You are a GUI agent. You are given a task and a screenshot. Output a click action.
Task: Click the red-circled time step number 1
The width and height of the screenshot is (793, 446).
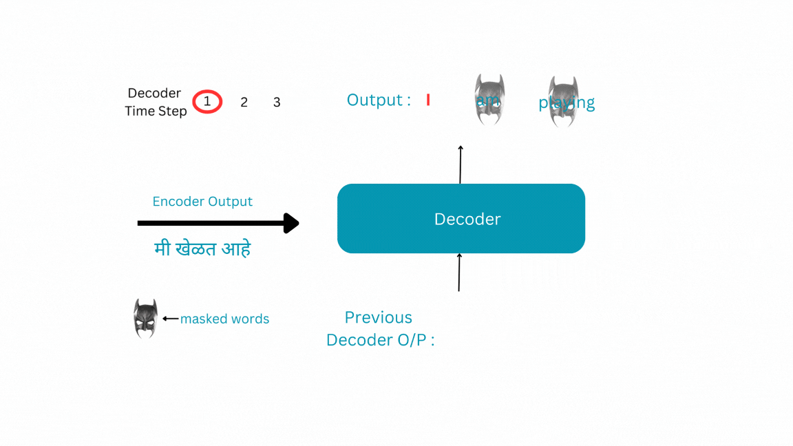[207, 102]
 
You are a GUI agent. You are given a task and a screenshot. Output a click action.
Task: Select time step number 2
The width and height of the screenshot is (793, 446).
[244, 103]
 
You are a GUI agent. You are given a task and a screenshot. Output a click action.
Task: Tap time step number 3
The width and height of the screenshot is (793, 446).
[277, 103]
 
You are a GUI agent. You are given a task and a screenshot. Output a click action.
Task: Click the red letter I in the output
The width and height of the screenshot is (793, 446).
[428, 100]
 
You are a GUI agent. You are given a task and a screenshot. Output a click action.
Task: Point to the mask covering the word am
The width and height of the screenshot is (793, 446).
[489, 100]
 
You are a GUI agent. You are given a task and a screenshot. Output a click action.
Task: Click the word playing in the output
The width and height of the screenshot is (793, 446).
[567, 103]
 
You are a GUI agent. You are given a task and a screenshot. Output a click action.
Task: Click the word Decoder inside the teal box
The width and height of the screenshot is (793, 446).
[467, 219]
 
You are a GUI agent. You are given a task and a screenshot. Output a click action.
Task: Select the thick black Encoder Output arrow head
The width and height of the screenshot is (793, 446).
[292, 223]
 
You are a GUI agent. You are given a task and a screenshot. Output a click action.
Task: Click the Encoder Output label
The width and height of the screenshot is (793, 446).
[202, 202]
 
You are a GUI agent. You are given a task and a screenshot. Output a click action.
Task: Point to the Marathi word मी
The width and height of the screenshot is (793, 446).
[162, 248]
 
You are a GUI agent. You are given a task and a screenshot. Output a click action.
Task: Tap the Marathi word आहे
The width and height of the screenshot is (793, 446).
[235, 248]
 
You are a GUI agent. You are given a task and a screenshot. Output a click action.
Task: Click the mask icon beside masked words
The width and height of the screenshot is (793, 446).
[145, 318]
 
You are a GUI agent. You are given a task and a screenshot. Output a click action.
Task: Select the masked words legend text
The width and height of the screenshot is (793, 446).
[224, 319]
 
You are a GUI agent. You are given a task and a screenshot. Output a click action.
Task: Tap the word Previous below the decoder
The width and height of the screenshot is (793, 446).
[378, 317]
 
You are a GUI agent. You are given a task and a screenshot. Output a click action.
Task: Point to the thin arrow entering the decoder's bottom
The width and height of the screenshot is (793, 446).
[459, 273]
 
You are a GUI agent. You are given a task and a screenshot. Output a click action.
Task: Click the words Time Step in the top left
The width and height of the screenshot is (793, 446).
[156, 111]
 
